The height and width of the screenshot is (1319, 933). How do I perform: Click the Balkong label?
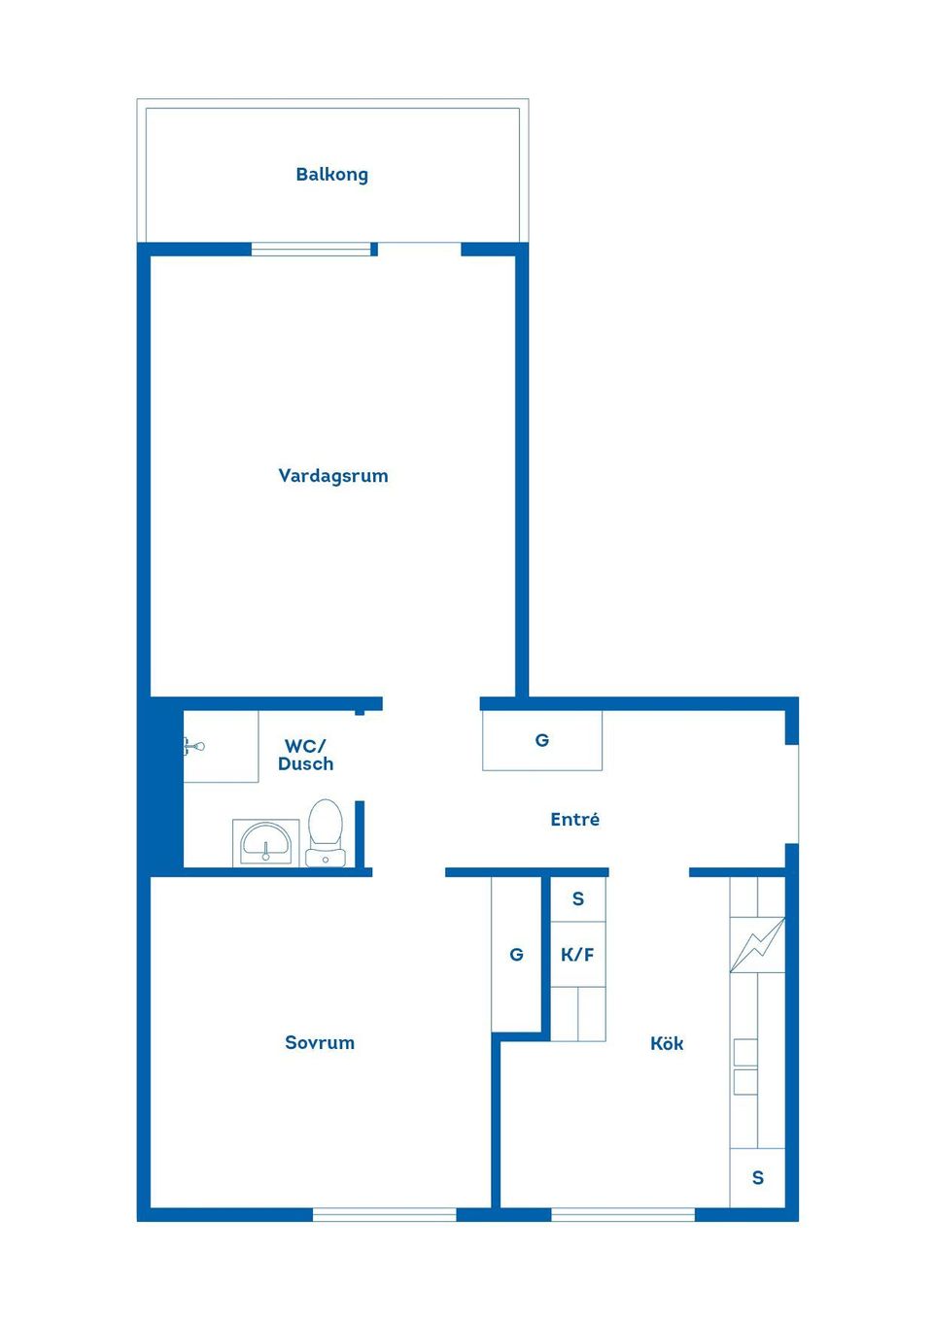[331, 175]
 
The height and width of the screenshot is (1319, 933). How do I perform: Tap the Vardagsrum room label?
[332, 476]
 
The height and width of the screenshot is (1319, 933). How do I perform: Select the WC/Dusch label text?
[305, 755]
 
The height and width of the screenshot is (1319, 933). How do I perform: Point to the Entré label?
[574, 820]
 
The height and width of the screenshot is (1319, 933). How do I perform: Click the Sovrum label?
[319, 1043]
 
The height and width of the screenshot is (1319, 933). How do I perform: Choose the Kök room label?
[667, 1044]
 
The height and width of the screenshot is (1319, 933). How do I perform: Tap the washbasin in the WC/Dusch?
[266, 841]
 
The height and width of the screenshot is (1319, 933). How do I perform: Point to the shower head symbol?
[194, 746]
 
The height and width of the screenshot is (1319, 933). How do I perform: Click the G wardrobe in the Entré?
[542, 740]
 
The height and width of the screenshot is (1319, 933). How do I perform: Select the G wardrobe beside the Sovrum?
[516, 955]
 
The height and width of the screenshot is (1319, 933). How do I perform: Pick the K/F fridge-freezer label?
[577, 955]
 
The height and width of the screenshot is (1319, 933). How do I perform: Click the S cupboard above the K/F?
[578, 899]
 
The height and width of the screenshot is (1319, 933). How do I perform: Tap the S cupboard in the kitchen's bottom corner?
[758, 1178]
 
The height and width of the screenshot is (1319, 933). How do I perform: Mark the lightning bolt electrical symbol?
[757, 945]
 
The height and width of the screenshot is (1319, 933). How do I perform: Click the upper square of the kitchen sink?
[745, 1052]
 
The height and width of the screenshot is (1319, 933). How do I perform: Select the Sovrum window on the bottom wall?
[384, 1214]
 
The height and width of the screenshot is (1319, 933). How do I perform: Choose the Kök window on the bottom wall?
[623, 1214]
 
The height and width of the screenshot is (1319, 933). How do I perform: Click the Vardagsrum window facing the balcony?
[311, 250]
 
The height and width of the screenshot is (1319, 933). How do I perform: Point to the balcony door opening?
[419, 249]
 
